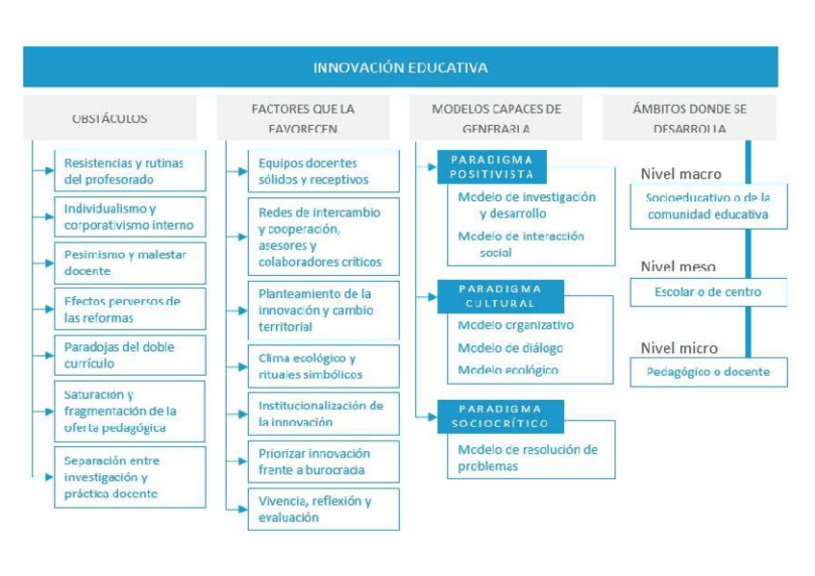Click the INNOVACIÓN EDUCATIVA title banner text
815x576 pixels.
[400, 67]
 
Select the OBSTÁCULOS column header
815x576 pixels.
[110, 118]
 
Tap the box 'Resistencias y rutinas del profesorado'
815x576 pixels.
[129, 171]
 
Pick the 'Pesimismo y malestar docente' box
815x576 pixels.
[129, 263]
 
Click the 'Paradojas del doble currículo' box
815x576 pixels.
[129, 355]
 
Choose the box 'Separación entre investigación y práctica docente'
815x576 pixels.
[129, 477]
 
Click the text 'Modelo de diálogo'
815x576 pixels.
[510, 348]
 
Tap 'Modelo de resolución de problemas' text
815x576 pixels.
[528, 458]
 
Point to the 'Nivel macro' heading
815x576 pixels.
[680, 174]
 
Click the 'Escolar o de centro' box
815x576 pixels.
[707, 292]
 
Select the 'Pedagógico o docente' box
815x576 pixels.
[707, 372]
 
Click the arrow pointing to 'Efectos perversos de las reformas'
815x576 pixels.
[47, 310]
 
